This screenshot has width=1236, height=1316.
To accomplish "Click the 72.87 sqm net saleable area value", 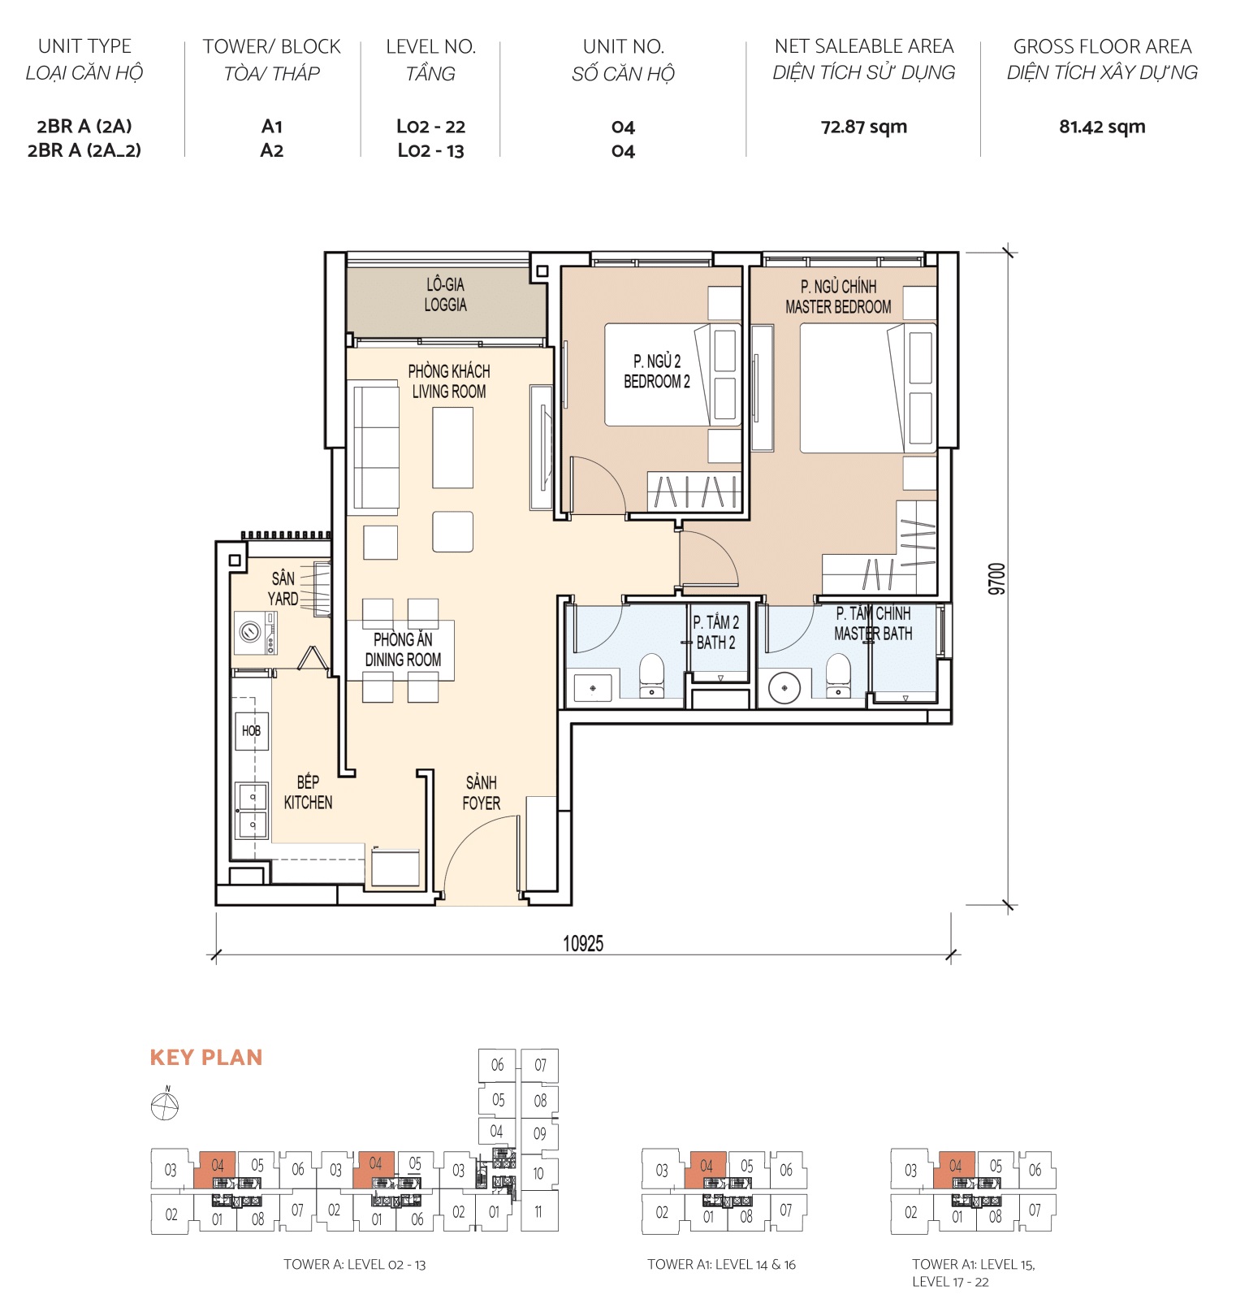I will (x=863, y=127).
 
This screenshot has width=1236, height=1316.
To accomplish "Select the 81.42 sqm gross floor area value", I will (x=1101, y=127).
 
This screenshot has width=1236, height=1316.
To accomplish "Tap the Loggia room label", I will (x=445, y=295).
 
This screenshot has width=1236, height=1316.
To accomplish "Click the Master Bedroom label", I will (x=838, y=297).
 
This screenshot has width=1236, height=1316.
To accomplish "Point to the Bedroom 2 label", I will (x=656, y=371).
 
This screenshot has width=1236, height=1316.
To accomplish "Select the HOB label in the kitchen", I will (x=251, y=730).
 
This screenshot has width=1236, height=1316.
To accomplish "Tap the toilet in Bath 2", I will (x=651, y=676).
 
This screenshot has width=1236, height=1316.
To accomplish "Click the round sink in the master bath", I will (x=784, y=688).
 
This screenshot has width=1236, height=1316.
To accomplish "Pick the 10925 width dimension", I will (x=583, y=943).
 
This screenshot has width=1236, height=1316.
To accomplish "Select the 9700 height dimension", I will (x=997, y=578).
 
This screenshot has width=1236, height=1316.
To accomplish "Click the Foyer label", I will (x=481, y=793).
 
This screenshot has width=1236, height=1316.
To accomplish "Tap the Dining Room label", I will (x=403, y=650).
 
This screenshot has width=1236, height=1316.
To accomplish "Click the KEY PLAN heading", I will (x=206, y=1057).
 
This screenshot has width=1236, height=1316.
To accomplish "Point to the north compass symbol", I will (x=165, y=1105).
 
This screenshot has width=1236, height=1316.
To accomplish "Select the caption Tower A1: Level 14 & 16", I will (x=721, y=1264).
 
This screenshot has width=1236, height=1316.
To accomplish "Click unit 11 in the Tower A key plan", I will (x=538, y=1211).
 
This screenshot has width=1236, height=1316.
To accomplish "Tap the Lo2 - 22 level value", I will (x=430, y=127).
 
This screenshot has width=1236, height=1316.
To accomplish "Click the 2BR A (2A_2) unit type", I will (x=84, y=150).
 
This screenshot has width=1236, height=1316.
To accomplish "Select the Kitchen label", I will (x=308, y=792).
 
